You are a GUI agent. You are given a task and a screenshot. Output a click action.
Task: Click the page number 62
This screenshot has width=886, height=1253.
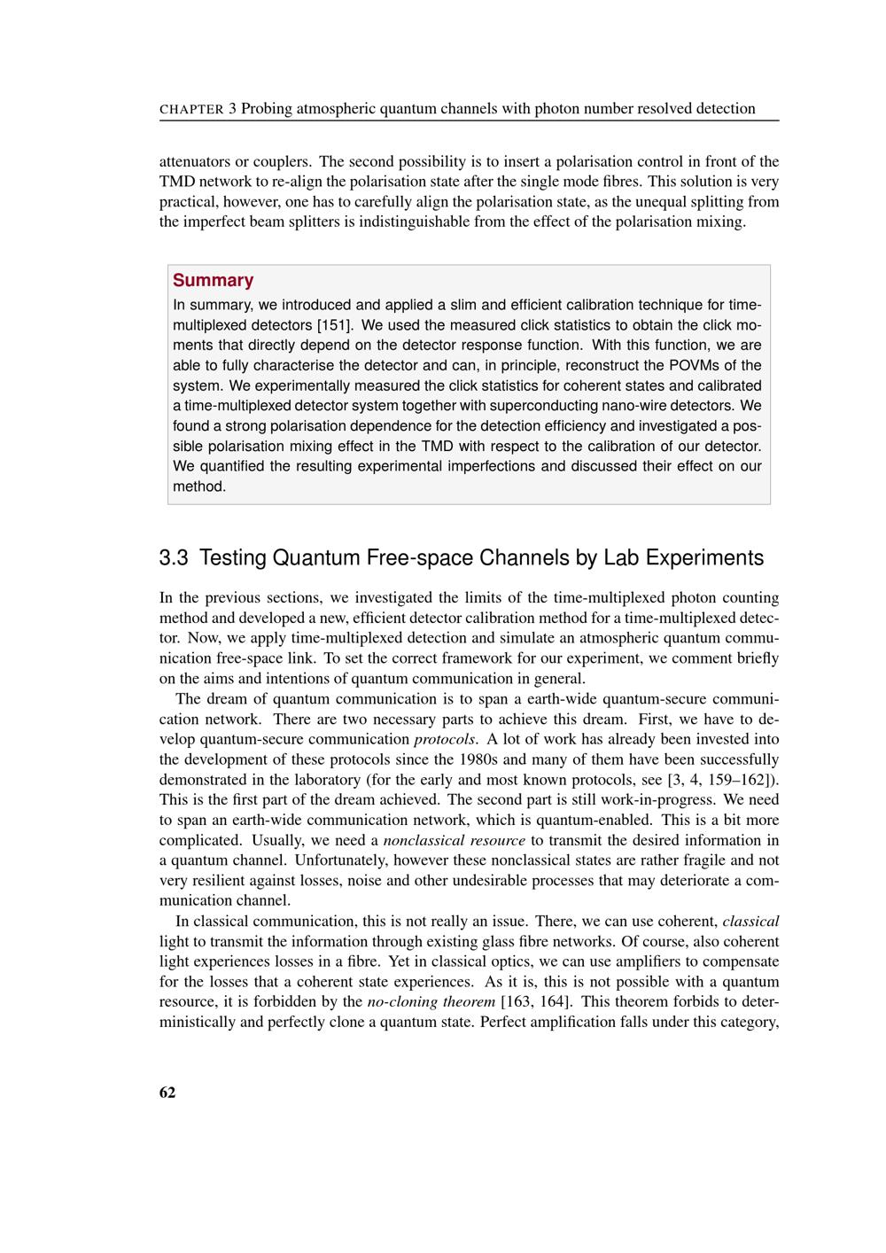[167, 1093]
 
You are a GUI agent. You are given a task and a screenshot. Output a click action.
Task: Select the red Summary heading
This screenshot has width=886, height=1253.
[213, 280]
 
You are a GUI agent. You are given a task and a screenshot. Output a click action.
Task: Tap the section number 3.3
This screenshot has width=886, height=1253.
[175, 558]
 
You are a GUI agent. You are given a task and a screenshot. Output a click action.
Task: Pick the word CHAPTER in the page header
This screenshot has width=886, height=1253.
[191, 110]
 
